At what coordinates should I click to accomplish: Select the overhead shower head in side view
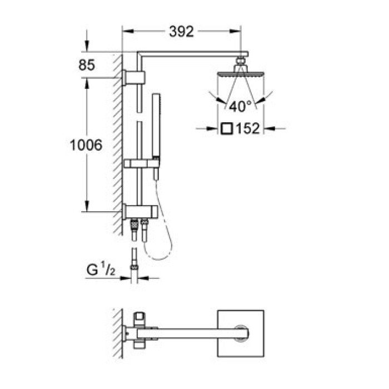pyautogui.click(x=241, y=74)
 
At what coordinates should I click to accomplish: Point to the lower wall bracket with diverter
pyautogui.click(x=139, y=211)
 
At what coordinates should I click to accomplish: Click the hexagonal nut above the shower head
pyautogui.click(x=241, y=60)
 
